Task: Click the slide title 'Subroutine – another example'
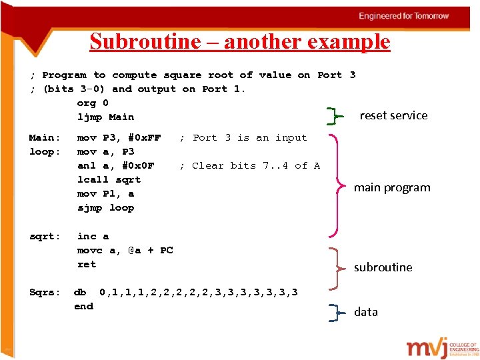pos(239,41)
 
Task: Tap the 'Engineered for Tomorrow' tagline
pos(404,16)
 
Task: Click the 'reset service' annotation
pos(393,115)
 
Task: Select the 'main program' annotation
pos(392,187)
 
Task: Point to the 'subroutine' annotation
pos(383,267)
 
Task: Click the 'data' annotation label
pos(365,312)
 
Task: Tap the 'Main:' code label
pos(45,138)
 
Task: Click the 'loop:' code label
pos(45,152)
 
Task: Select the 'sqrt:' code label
pos(45,236)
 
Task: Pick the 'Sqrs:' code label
pos(45,292)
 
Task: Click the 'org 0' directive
pos(93,103)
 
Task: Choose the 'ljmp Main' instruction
pos(105,117)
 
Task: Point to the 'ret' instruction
pos(87,264)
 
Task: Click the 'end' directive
pos(83,306)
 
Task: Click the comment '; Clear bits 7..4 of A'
pos(250,166)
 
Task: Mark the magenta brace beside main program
pos(339,184)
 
